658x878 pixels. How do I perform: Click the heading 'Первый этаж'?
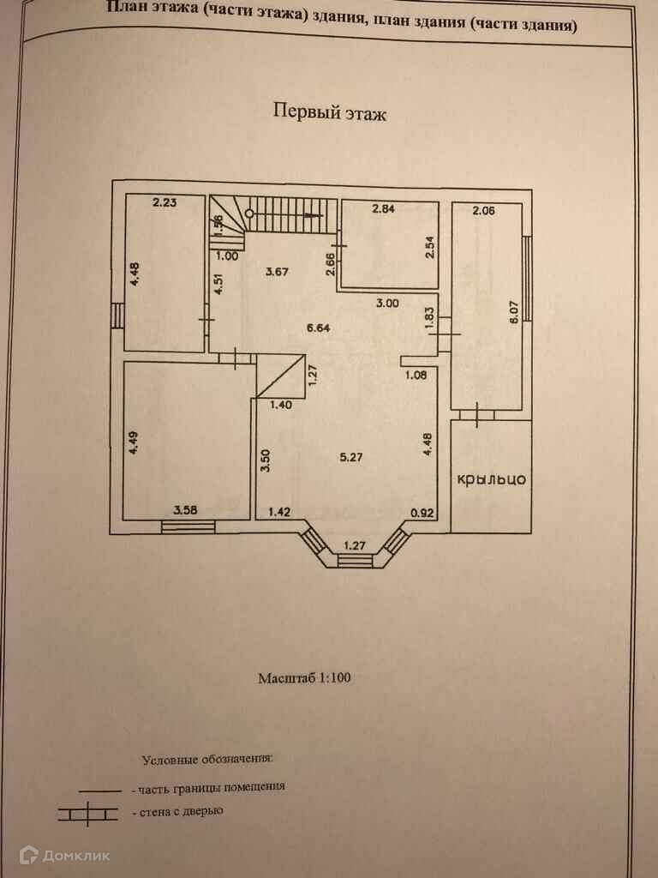click(x=330, y=111)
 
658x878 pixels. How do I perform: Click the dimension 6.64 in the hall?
click(x=319, y=327)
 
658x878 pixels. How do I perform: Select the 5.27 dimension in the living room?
click(x=350, y=457)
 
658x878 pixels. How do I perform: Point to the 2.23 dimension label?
click(x=164, y=203)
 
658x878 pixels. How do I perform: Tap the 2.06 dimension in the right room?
click(x=484, y=209)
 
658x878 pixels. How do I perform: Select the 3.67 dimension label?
click(x=276, y=273)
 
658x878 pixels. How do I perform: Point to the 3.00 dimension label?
click(x=388, y=303)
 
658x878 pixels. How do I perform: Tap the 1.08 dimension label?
click(x=416, y=373)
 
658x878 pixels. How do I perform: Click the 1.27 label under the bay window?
click(x=354, y=544)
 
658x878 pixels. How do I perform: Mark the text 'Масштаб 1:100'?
click(x=305, y=677)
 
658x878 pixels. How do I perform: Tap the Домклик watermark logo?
click(x=65, y=854)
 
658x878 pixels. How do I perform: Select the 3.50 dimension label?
click(x=266, y=461)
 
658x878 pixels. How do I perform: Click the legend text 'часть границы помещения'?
click(x=208, y=785)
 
